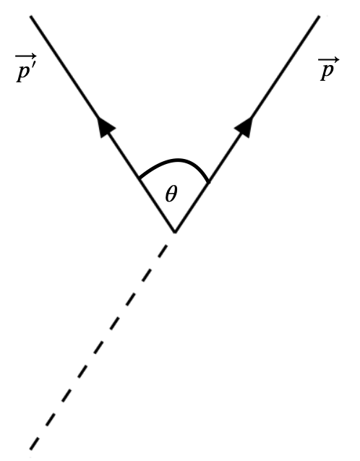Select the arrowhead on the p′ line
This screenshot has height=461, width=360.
106,126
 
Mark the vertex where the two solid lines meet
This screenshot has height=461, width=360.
174,232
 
